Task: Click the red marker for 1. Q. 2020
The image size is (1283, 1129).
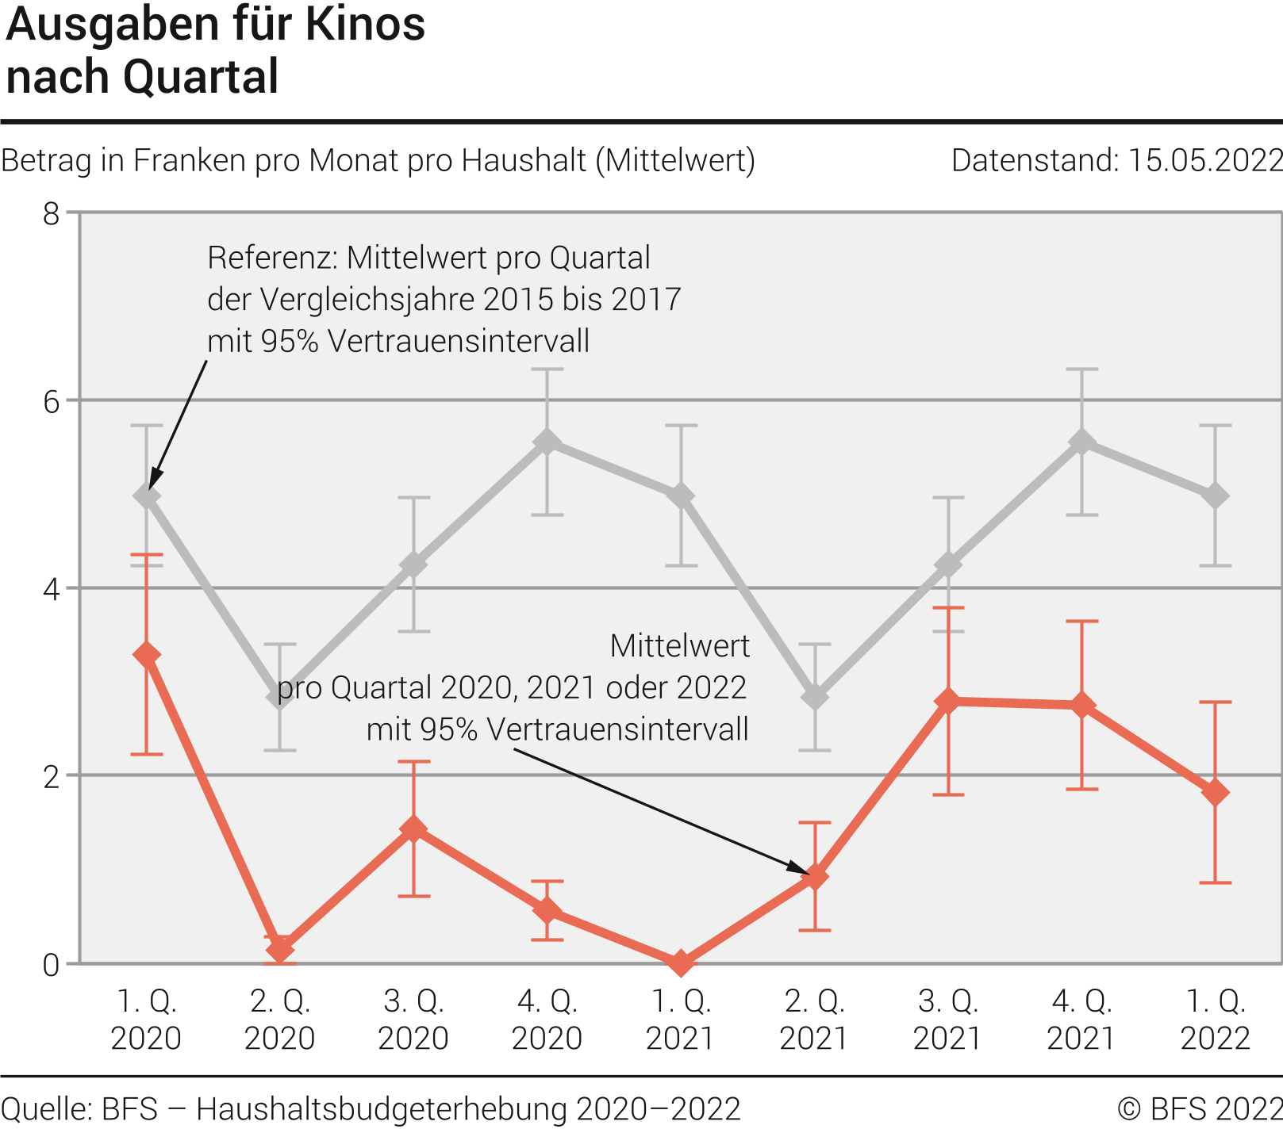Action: click(x=147, y=655)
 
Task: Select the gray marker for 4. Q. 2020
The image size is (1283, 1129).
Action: click(x=547, y=442)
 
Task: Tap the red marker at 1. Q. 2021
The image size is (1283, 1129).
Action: click(x=681, y=963)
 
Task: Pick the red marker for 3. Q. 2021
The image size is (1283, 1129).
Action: click(x=948, y=701)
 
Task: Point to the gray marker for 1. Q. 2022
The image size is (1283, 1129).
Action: click(x=1216, y=496)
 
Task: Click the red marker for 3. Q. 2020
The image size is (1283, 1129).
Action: click(x=414, y=829)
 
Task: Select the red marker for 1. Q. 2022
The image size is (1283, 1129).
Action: click(x=1216, y=792)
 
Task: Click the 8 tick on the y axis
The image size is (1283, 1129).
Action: click(x=52, y=214)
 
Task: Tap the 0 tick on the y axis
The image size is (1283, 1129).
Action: click(x=52, y=965)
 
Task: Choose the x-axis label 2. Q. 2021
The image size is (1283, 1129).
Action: click(x=814, y=1020)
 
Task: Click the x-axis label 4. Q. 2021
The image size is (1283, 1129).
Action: click(x=1081, y=1020)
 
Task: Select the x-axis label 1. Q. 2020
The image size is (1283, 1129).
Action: click(x=147, y=1020)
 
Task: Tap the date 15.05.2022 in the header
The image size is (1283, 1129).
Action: click(x=1204, y=161)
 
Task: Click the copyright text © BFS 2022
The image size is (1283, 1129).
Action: click(x=1199, y=1108)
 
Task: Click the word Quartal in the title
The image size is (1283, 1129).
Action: click(x=200, y=77)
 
